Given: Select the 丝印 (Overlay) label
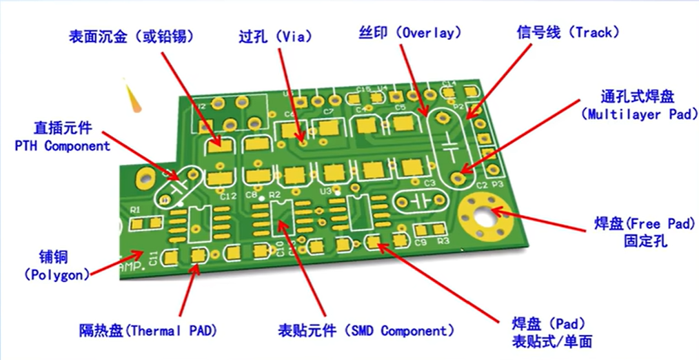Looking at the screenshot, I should pos(410,32).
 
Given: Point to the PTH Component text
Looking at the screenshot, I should pos(63,146).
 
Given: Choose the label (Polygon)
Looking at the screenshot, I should pos(57,274).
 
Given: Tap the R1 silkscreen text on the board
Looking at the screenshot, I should pos(135,209).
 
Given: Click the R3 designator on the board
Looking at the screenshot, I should pos(443,241).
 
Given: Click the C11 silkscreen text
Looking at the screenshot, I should pos(153,257).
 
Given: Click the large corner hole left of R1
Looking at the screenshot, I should pos(145,177).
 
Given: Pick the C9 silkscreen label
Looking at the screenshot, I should pos(421,242).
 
